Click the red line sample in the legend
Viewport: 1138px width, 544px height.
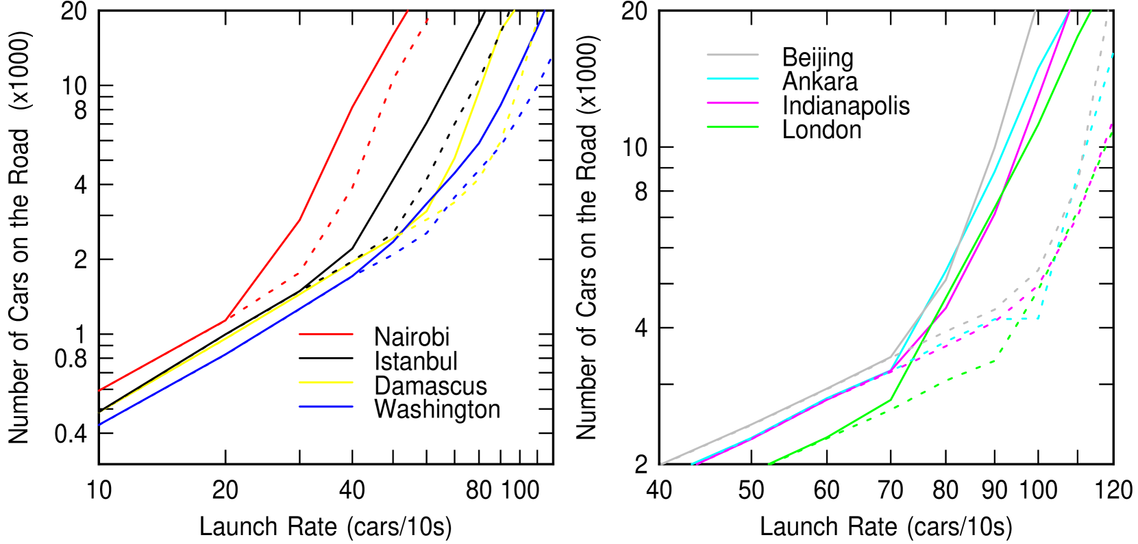pyautogui.click(x=326, y=334)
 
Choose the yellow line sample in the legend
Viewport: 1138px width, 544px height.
pyautogui.click(x=326, y=383)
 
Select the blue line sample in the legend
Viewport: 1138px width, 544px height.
pyautogui.click(x=326, y=406)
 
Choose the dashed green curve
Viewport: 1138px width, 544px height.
pyautogui.click(x=945, y=382)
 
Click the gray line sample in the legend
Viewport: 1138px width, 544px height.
pyautogui.click(x=732, y=55)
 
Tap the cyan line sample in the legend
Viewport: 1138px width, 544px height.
pyautogui.click(x=732, y=79)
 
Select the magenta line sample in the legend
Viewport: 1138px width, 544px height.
pyautogui.click(x=732, y=103)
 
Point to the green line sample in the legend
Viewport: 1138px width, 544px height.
pyautogui.click(x=732, y=127)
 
